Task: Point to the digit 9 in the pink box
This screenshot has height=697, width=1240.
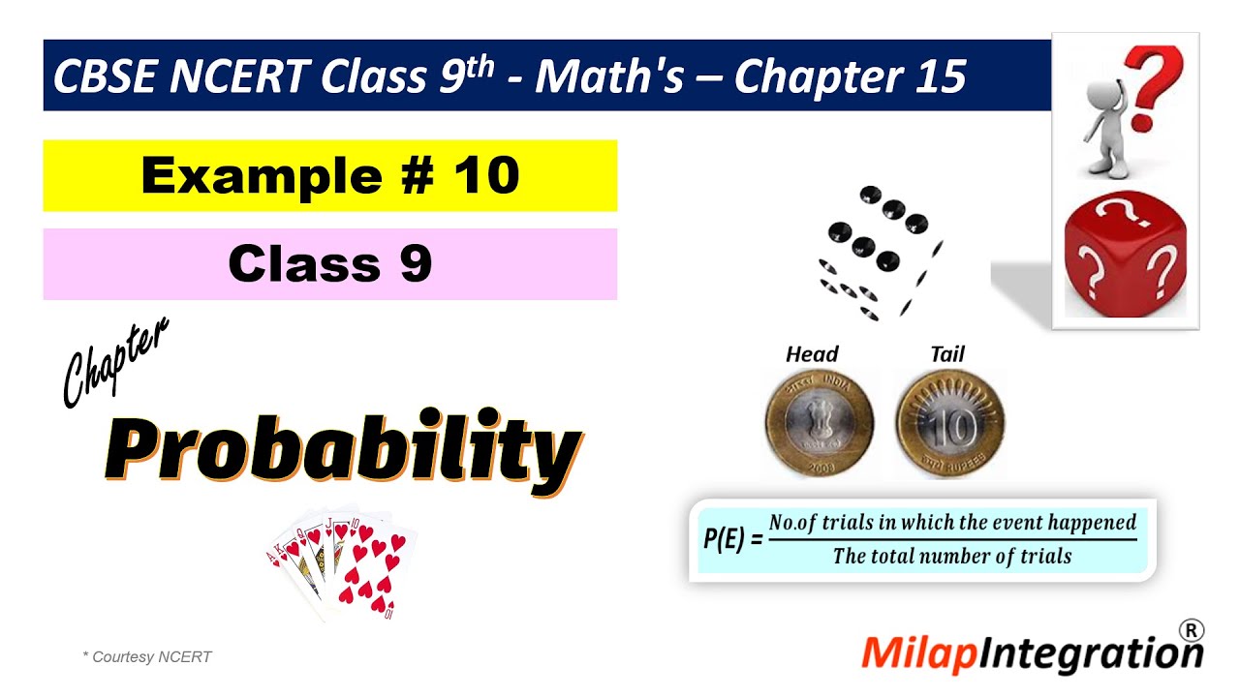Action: pos(416,264)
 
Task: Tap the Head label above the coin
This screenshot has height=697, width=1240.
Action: pos(812,354)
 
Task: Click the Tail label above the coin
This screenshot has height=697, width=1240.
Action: pos(946,354)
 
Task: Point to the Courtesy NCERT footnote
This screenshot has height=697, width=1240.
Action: pos(147,657)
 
